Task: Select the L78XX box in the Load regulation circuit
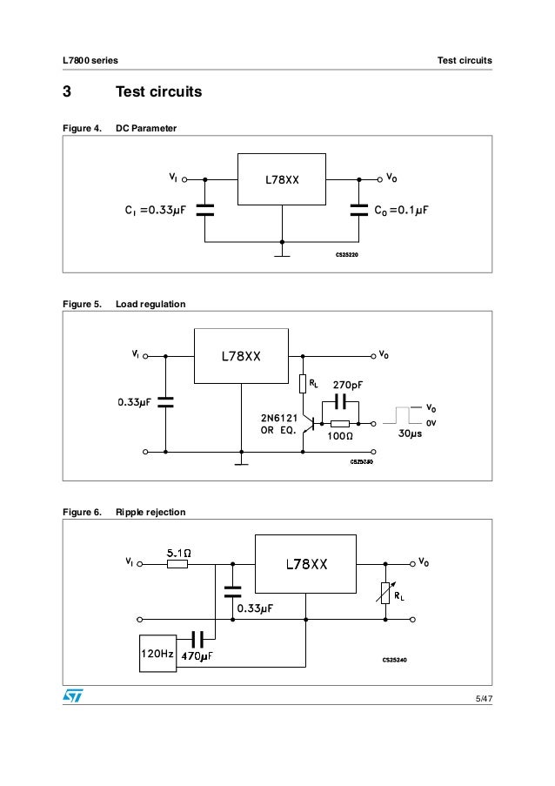click(x=241, y=356)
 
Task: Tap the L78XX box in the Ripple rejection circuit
click(x=305, y=563)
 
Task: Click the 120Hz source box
click(x=157, y=652)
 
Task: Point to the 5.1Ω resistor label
click(x=177, y=551)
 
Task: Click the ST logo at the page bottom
click(x=70, y=696)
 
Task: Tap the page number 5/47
click(x=483, y=699)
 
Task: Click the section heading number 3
click(x=65, y=91)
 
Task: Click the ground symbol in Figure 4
click(x=281, y=256)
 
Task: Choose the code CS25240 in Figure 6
click(x=395, y=659)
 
